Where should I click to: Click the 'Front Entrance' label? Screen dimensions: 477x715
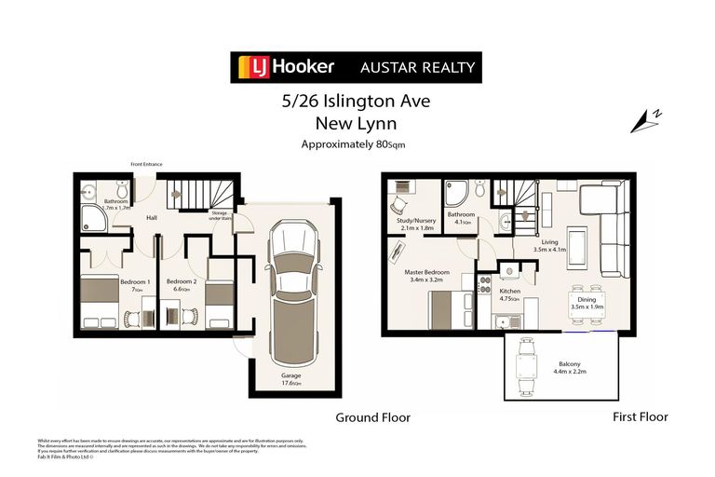tap(147, 165)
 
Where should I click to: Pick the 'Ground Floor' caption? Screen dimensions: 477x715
tap(372, 417)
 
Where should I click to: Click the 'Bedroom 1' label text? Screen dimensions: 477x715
tap(134, 281)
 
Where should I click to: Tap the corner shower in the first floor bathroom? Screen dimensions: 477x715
tap(457, 193)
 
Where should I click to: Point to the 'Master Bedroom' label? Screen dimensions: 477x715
tap(428, 273)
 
